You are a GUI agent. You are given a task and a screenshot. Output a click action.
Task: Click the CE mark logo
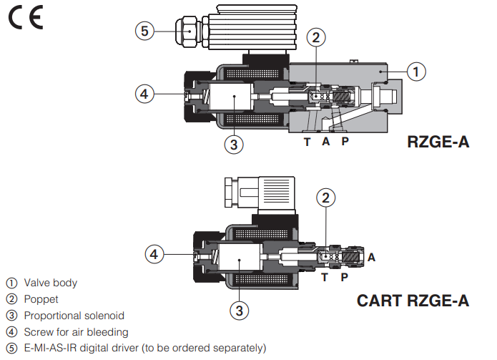(25, 16)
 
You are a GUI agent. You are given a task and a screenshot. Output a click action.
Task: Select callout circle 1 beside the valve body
(417, 71)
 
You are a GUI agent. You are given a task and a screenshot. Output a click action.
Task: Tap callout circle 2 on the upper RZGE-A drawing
(317, 38)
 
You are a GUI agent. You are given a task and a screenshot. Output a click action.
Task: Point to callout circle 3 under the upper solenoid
(232, 144)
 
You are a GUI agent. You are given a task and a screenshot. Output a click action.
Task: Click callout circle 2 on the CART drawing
(325, 198)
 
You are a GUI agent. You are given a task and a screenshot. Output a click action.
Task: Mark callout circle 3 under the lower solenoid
(240, 310)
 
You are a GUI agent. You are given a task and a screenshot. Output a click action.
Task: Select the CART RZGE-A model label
(413, 301)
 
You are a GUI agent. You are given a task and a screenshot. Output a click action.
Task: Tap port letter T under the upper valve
(307, 142)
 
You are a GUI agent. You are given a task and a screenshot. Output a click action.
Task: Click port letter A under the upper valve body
(325, 142)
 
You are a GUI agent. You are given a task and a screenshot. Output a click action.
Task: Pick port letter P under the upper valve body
(345, 142)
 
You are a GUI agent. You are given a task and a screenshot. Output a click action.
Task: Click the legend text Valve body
(50, 283)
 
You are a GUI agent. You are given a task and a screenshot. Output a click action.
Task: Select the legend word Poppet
(41, 299)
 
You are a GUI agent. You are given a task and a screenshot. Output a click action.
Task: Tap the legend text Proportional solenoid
(74, 316)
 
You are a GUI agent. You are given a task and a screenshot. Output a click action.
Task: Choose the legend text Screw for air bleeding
(76, 332)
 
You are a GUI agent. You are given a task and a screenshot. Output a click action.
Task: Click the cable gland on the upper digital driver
(187, 31)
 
